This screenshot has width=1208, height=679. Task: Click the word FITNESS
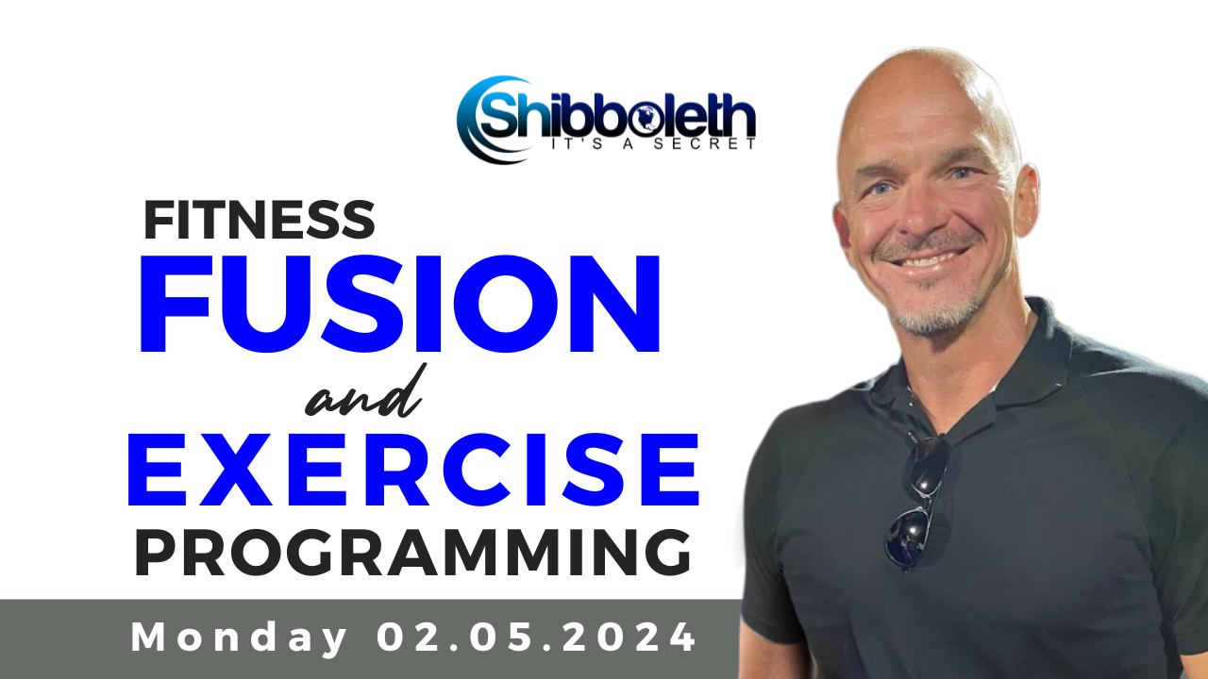click(259, 220)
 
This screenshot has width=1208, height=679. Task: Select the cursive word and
click(364, 396)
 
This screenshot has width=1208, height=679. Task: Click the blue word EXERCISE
click(413, 471)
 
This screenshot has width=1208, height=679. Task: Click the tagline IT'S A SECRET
click(651, 144)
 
